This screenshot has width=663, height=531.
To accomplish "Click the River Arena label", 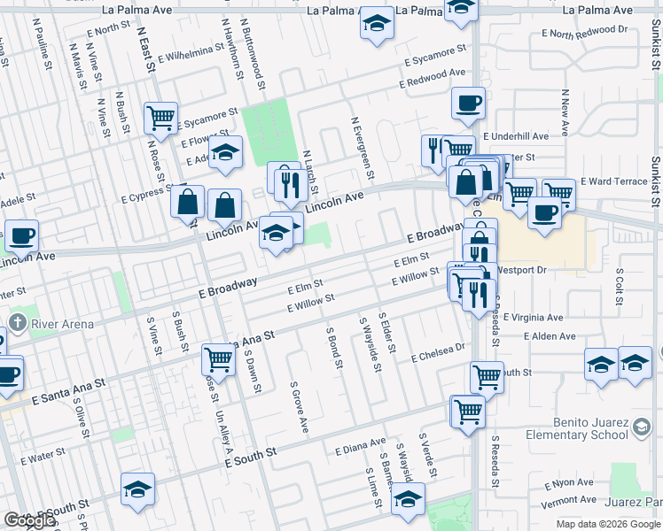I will [x=62, y=324].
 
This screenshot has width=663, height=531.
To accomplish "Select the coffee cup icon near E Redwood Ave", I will [x=468, y=104].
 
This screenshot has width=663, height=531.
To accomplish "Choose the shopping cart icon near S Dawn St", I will [x=218, y=359].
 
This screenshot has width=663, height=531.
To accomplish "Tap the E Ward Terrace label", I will [x=614, y=181].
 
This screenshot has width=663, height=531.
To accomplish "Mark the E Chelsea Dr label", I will [x=438, y=352].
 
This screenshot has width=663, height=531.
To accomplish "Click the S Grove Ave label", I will [x=299, y=407].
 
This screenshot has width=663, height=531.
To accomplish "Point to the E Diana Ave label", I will [x=360, y=446].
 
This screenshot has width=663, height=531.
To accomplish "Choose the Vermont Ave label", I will [x=568, y=501].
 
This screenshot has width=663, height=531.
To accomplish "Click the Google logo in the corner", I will [x=29, y=520].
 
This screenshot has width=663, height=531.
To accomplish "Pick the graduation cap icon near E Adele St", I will [x=226, y=151].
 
